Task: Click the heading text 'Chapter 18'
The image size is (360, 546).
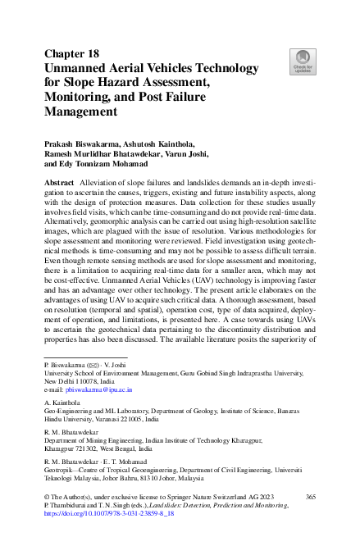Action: pyautogui.click(x=71, y=53)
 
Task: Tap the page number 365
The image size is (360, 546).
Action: pyautogui.click(x=310, y=498)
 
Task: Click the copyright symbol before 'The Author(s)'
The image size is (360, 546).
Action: pyautogui.click(x=46, y=498)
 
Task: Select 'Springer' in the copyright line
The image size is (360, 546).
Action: pyautogui.click(x=175, y=498)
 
